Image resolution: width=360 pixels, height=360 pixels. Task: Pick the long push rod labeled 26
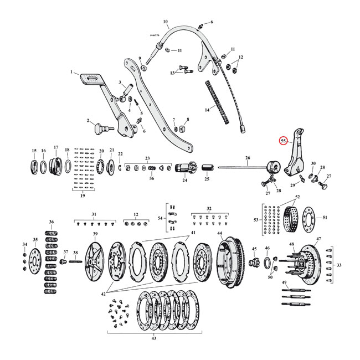(244, 167)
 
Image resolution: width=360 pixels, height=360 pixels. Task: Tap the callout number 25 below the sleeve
(208, 179)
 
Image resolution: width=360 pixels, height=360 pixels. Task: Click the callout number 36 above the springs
(52, 222)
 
